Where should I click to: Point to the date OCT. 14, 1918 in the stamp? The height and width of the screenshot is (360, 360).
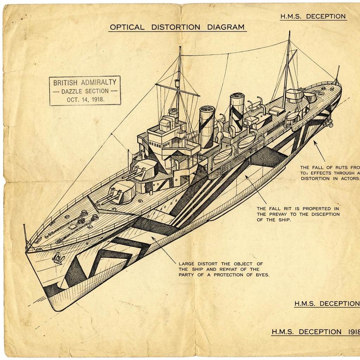pos(85,99)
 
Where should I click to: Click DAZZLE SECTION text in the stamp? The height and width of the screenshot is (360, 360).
pos(85,91)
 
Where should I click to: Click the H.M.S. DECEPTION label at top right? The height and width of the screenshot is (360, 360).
pos(313,17)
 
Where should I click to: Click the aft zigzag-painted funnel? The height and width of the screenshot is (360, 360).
pos(237,112)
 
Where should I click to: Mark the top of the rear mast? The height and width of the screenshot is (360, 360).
pos(289,32)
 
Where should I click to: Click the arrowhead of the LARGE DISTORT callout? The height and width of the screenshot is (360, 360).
pos(153,238)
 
